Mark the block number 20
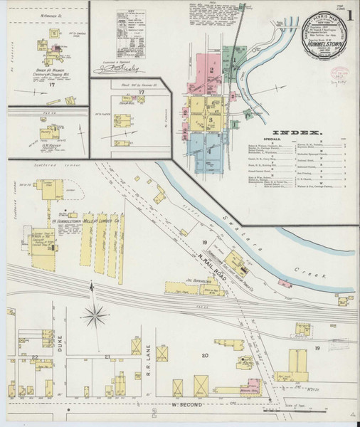click(x=205, y=354)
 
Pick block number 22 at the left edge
click(x=33, y=356)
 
